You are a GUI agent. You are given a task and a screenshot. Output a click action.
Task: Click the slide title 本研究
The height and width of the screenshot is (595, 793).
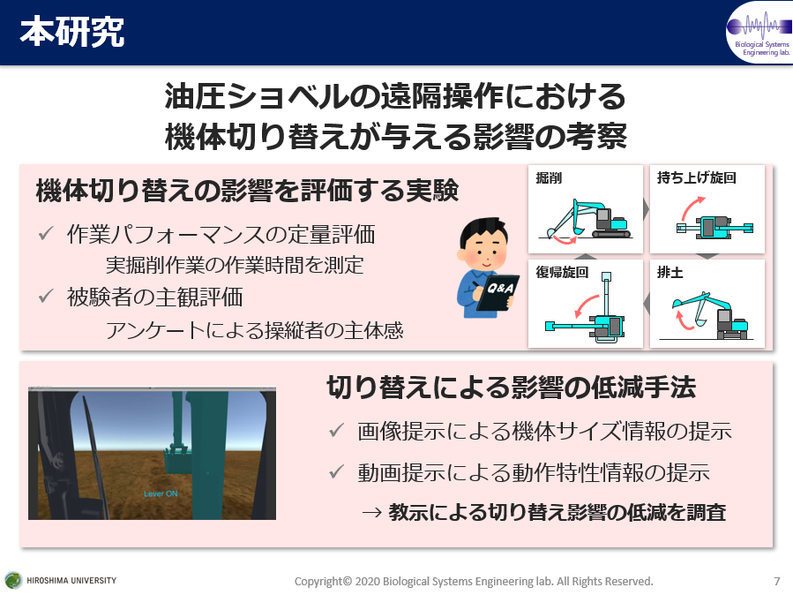[71, 32]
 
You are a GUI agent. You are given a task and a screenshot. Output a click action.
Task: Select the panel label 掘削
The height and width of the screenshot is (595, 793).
[549, 178]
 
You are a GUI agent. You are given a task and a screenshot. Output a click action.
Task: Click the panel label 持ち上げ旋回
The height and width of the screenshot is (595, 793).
[696, 177]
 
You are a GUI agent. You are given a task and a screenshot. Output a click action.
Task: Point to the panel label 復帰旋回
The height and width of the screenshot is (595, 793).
[562, 272]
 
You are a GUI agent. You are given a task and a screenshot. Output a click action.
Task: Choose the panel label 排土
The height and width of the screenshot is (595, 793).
[670, 272]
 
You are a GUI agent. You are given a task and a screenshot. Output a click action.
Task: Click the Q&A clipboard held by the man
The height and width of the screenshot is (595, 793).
[497, 292]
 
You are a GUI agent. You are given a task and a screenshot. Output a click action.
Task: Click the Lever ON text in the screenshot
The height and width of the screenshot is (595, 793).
[161, 493]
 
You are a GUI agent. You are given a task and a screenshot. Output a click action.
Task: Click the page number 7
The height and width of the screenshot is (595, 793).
[777, 581]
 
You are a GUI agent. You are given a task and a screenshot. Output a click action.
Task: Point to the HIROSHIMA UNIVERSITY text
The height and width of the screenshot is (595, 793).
[71, 580]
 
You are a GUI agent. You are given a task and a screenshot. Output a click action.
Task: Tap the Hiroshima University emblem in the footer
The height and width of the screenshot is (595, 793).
[13, 580]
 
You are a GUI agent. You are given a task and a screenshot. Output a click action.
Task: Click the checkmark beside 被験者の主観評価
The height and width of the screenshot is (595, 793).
[46, 296]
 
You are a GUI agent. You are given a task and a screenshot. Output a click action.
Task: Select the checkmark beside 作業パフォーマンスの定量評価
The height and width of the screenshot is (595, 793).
[46, 233]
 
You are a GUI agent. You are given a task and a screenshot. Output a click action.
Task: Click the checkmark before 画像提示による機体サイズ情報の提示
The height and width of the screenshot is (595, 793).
[336, 430]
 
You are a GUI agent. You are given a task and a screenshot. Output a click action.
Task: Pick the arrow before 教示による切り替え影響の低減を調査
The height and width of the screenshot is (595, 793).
[371, 513]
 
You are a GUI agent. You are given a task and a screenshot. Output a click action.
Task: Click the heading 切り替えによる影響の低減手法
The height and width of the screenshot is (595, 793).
[511, 388]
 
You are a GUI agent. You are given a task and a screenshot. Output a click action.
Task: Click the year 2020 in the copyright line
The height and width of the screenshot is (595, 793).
[368, 582]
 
